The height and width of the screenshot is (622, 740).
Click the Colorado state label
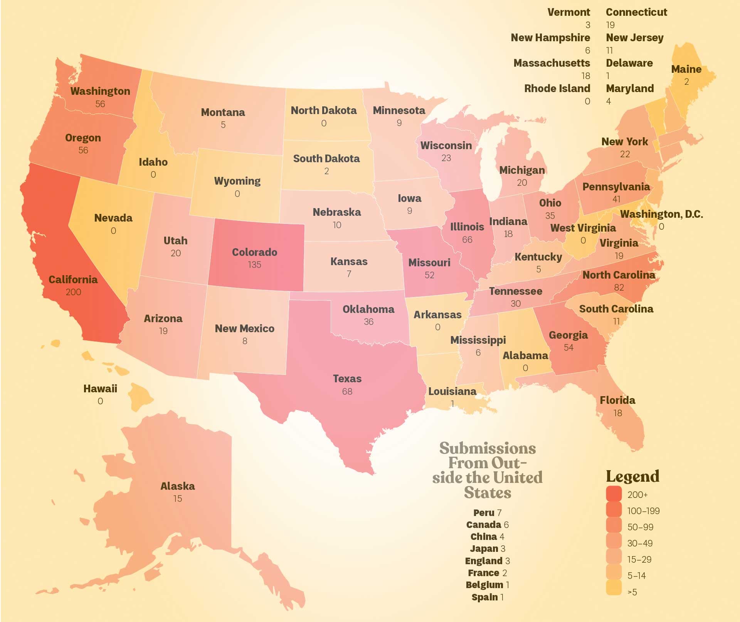coord(254,252)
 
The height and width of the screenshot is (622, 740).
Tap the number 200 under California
coord(73,292)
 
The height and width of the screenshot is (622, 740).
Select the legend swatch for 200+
coord(614,494)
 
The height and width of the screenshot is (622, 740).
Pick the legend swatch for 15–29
coord(614,558)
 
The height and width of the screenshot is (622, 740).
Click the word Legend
coord(632,476)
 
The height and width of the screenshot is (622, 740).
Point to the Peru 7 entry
coord(487,513)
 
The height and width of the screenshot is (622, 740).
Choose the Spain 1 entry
coord(487,597)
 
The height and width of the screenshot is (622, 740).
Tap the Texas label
coord(347,378)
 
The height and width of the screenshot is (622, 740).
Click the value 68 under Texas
coord(347,392)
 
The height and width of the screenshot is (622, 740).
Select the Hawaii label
coord(100,388)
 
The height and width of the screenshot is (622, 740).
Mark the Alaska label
coord(177,486)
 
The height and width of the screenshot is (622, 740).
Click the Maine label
coord(686,69)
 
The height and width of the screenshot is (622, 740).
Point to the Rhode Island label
coord(557,88)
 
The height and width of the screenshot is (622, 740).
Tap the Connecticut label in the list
coord(636,12)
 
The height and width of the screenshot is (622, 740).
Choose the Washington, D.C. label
coord(661,214)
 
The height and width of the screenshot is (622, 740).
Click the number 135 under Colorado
coord(254,265)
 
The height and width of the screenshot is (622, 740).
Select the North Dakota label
coord(323,111)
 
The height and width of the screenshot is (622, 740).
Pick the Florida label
coord(617,400)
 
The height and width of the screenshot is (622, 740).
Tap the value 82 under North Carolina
coord(619,287)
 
